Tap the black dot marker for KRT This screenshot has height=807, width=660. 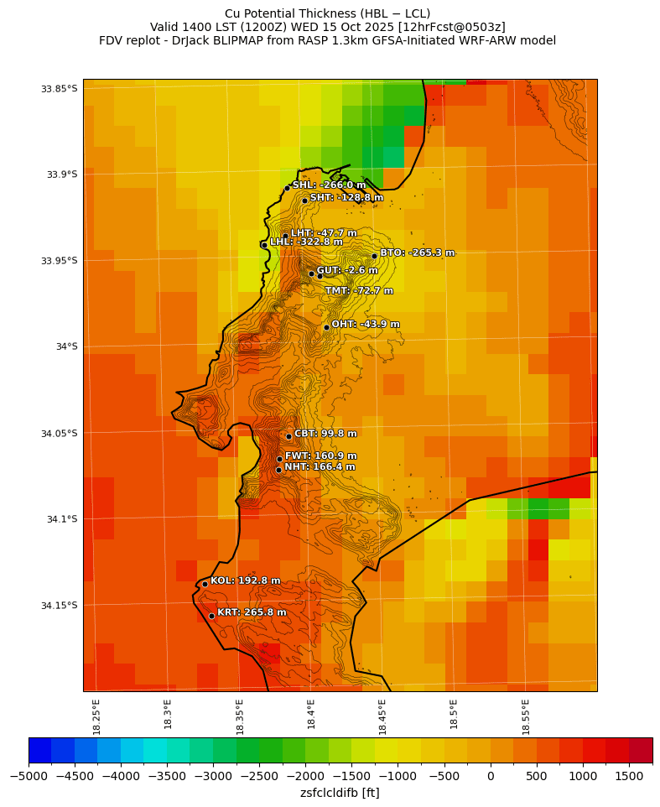211,616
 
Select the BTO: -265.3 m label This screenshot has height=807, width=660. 417,253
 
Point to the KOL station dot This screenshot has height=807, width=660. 205,584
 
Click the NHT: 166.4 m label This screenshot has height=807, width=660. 320,467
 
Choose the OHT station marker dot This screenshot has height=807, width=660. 326,327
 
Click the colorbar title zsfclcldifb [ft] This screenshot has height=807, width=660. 340,793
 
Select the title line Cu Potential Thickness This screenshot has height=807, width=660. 328,13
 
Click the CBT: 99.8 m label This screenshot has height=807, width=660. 325,434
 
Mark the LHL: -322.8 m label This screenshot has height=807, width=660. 306,242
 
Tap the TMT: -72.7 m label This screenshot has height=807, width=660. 359,291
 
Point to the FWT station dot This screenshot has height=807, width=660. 279,459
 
